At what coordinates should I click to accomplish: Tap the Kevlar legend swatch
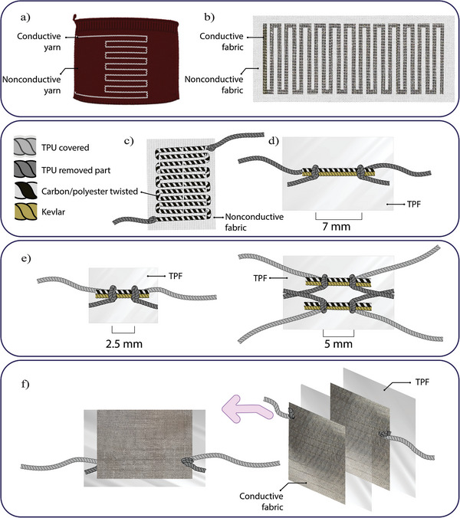tap(25, 211)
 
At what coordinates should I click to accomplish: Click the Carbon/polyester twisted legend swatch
tap(25, 191)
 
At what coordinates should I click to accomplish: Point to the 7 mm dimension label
tap(337, 227)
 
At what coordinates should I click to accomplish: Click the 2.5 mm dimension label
tap(124, 344)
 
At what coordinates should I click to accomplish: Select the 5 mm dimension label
tap(338, 344)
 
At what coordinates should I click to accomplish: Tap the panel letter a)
tap(25, 17)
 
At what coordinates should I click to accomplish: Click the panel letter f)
tap(25, 384)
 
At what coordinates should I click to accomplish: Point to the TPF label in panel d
tap(414, 204)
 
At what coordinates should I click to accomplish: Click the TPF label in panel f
tap(422, 382)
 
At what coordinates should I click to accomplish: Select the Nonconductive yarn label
tap(31, 85)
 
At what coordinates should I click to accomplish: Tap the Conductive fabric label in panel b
tap(222, 41)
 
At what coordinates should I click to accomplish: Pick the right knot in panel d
tap(360, 171)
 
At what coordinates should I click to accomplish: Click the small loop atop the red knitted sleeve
tap(75, 17)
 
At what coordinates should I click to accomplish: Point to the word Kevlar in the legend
tap(53, 211)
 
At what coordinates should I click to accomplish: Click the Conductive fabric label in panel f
tap(261, 501)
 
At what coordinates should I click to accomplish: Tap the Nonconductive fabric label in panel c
tap(254, 222)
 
